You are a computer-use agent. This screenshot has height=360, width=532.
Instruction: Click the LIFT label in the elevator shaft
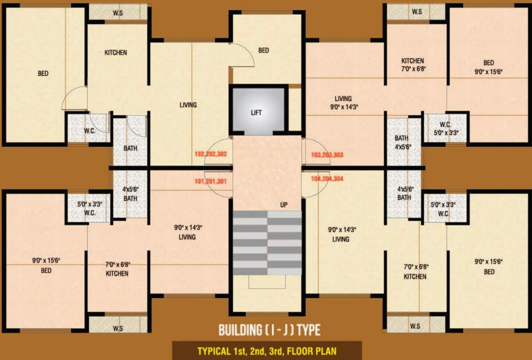click(x=256, y=112)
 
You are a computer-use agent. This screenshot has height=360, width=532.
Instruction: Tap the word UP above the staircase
click(x=283, y=205)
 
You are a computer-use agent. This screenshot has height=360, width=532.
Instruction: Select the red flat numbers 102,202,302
click(x=211, y=154)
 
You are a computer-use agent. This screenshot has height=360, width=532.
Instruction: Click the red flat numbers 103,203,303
click(x=327, y=154)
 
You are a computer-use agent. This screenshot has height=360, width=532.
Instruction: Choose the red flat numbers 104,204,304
click(x=327, y=178)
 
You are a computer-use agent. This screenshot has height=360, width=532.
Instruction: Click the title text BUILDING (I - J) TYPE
click(x=269, y=330)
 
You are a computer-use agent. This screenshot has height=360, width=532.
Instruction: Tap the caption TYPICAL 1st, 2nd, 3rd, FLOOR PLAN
click(x=266, y=351)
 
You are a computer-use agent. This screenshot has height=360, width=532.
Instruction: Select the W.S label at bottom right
click(x=415, y=325)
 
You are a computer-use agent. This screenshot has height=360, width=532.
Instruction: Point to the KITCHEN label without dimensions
click(x=115, y=52)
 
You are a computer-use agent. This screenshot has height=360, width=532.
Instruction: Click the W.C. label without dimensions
click(x=90, y=131)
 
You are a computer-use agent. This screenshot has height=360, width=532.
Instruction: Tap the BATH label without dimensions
click(x=130, y=148)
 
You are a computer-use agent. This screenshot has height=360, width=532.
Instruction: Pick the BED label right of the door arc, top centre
click(x=264, y=50)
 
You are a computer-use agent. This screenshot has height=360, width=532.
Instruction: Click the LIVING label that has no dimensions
click(x=188, y=105)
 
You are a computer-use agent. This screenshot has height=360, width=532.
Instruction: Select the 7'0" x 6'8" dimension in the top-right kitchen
click(x=413, y=68)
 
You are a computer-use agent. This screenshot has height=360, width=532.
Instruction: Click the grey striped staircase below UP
click(x=267, y=243)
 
